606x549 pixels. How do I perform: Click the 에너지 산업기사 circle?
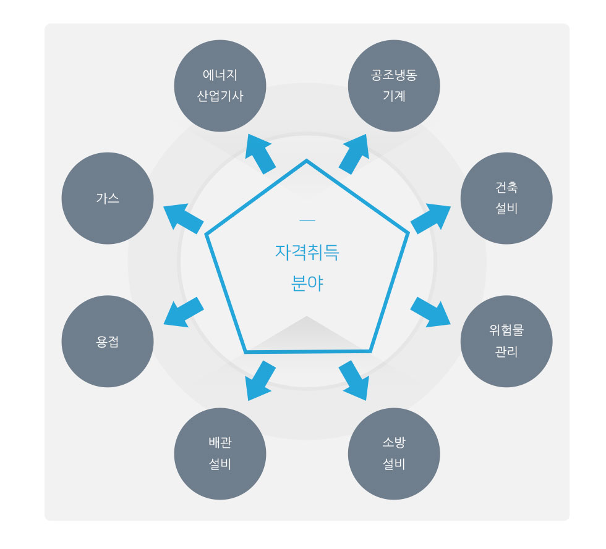(220, 86)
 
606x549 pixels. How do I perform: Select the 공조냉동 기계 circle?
(394, 86)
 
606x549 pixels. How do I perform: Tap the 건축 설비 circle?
(506, 198)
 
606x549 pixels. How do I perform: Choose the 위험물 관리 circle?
(506, 342)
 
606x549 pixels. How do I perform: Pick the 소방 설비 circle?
(394, 454)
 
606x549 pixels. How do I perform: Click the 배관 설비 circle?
(220, 454)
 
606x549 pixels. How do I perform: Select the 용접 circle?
(108, 342)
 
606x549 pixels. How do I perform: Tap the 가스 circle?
(108, 198)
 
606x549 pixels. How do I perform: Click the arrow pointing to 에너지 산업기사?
(260, 154)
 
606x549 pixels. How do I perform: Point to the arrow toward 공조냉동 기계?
(354, 154)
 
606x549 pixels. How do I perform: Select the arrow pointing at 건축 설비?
(430, 218)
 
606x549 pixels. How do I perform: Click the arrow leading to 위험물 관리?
(430, 312)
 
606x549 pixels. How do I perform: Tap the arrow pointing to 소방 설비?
(354, 380)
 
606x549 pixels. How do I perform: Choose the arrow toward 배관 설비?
(260, 380)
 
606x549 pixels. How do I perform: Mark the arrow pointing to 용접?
(184, 312)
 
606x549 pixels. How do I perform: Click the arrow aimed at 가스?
(184, 218)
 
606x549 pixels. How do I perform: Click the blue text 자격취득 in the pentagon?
(307, 253)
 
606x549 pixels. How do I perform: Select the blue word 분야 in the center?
(307, 283)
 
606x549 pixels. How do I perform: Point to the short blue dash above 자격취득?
(307, 221)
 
